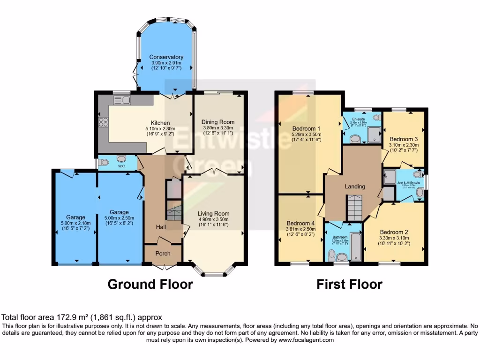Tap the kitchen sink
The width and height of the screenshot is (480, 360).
coord(125,99)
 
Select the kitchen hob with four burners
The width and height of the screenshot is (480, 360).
coord(104,123)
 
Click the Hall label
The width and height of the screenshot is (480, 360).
coord(161,227)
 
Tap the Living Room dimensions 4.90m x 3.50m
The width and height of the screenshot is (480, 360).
coord(213,219)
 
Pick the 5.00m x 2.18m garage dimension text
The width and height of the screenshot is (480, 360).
coord(75,224)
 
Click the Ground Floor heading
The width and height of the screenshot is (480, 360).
coord(150,284)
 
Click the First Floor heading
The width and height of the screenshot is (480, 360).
coord(349,284)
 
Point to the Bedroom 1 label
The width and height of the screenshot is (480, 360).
coord(306,128)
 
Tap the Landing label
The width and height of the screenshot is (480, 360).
coord(355,187)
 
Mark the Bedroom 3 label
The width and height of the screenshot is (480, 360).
coord(404,139)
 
